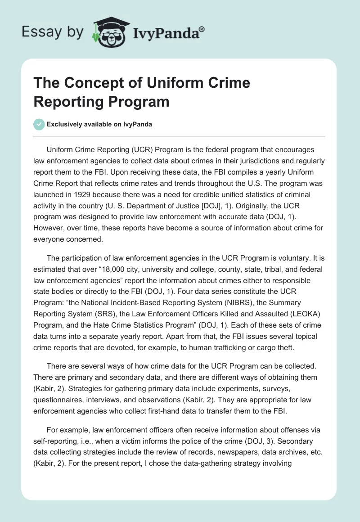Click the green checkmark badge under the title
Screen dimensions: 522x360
click(x=39, y=125)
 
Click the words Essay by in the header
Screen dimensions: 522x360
click(x=52, y=31)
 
